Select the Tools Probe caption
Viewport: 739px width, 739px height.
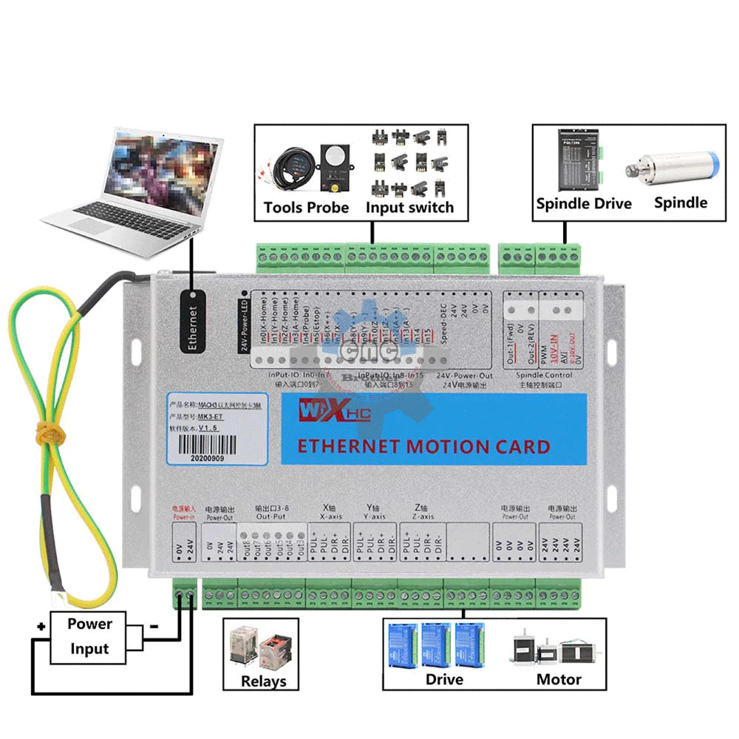pyautogui.click(x=306, y=208)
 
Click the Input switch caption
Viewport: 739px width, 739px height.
pyautogui.click(x=409, y=208)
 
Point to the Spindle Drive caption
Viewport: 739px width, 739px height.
pyautogui.click(x=584, y=203)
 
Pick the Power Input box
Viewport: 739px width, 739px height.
pyautogui.click(x=89, y=636)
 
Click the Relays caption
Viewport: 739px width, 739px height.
pyautogui.click(x=264, y=681)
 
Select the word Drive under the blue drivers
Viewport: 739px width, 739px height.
pyautogui.click(x=444, y=679)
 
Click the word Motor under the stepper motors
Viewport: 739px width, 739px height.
pyautogui.click(x=559, y=679)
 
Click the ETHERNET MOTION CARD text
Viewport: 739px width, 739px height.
pyautogui.click(x=423, y=446)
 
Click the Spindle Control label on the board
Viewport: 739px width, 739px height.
pyautogui.click(x=544, y=375)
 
